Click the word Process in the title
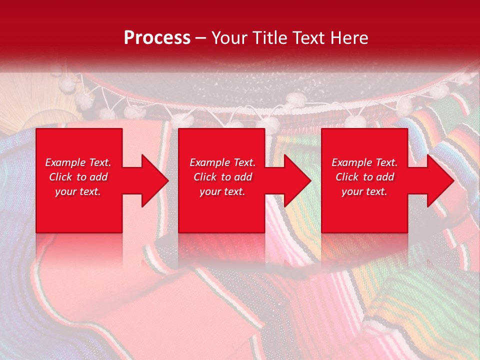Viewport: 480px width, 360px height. pyautogui.click(x=157, y=38)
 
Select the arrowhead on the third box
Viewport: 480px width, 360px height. pyautogui.click(x=439, y=180)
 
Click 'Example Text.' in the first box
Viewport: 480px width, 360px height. pyautogui.click(x=78, y=162)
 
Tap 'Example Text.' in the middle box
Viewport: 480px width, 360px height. pyautogui.click(x=222, y=162)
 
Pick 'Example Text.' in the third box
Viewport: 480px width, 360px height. pyautogui.click(x=364, y=162)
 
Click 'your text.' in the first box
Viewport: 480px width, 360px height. pyautogui.click(x=78, y=191)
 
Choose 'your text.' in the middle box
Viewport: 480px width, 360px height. pyautogui.click(x=222, y=191)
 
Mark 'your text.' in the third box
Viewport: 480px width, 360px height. pyautogui.click(x=364, y=191)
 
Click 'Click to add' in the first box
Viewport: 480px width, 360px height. pyautogui.click(x=78, y=177)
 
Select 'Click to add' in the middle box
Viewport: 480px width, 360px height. pyautogui.click(x=222, y=177)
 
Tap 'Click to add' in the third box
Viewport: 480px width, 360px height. pyautogui.click(x=364, y=177)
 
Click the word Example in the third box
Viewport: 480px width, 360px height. pyautogui.click(x=351, y=162)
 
